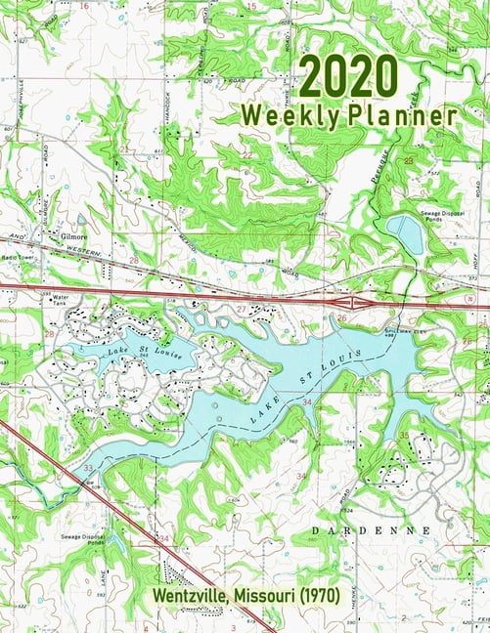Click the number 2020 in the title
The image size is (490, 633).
(x=350, y=77)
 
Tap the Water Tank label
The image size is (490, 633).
(x=63, y=299)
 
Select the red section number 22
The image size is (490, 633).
(x=246, y=154)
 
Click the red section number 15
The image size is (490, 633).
(x=250, y=7)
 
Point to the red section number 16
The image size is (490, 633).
(x=84, y=6)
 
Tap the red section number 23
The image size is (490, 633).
(x=409, y=158)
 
